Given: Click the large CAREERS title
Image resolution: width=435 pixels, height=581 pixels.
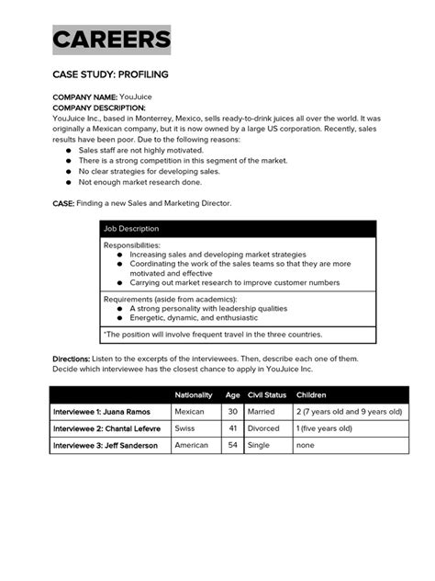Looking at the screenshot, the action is coord(111,40).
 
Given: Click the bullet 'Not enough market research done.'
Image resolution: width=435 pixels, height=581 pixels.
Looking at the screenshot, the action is coord(139,182).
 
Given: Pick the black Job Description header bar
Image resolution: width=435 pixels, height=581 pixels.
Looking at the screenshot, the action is coord(237,228).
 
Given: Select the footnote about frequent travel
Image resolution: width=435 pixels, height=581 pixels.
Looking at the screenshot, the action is coord(212,335).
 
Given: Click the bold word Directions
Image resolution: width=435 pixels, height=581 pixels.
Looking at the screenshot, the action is coord(71,359).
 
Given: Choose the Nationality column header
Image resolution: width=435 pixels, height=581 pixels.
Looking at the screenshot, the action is coord(194,394).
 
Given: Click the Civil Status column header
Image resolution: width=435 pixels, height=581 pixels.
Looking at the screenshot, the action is coord(266,394).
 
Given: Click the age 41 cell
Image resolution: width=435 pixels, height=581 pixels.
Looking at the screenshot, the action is coord(232,428).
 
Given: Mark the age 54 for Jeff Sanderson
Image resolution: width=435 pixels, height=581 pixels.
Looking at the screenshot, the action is coord(232,445).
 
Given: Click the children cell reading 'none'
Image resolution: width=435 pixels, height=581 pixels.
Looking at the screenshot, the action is coord(307,445).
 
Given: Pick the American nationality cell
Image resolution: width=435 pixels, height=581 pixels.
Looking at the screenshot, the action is coord(193,445).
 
